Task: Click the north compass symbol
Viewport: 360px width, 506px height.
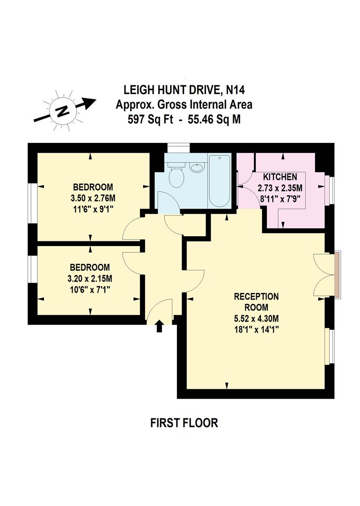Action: click(x=61, y=111)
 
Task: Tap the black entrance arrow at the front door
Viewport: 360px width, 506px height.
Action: click(x=159, y=326)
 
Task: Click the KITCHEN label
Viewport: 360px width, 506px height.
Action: click(x=280, y=177)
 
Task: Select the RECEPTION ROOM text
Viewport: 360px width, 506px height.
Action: click(x=256, y=302)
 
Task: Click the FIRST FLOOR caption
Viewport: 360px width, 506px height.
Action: click(x=184, y=423)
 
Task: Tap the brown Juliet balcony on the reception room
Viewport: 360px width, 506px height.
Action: click(x=338, y=275)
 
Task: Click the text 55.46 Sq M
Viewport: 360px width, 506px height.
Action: click(x=214, y=119)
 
